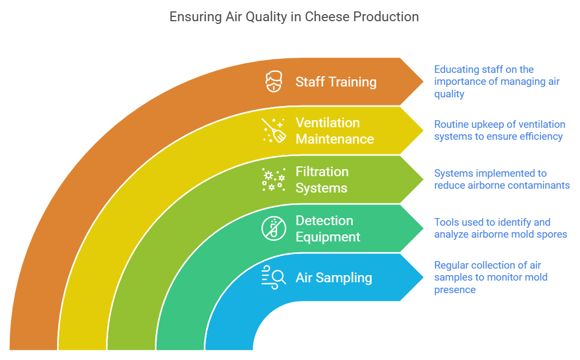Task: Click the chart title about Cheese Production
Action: [294, 17]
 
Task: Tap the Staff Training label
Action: [336, 82]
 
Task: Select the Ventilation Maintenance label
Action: [334, 131]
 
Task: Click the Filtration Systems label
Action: [322, 180]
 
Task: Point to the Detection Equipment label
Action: [328, 229]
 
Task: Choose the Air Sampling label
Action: [334, 278]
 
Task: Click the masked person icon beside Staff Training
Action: [274, 82]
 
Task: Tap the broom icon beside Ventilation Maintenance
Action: [274, 131]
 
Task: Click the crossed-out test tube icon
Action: [274, 228]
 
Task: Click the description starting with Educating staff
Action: [496, 82]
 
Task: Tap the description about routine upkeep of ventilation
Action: [499, 131]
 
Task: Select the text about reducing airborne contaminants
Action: [501, 179]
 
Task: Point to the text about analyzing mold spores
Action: [500, 228]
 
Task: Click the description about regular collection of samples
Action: [490, 277]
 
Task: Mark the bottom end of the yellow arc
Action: [82, 346]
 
